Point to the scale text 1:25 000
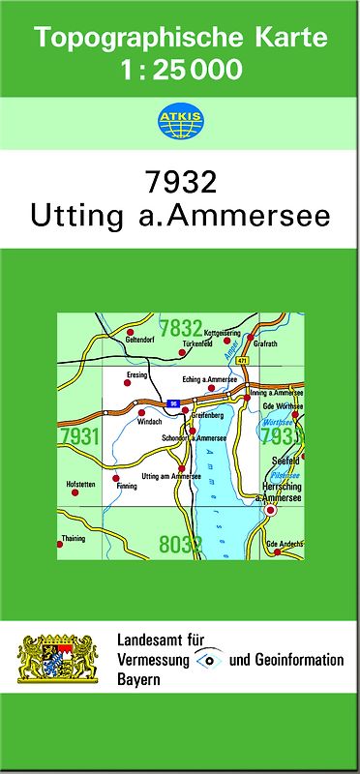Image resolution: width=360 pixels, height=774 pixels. coord(181,70)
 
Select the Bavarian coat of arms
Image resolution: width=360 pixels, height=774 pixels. coord(58,660)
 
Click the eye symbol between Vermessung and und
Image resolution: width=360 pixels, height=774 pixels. coord(208,659)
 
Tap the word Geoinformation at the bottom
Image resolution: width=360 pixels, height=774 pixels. coord(297,660)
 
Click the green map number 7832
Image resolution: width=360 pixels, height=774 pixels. coord(181,327)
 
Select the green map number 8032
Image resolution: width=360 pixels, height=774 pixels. coord(181,544)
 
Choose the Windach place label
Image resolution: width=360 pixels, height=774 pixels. coord(149,422)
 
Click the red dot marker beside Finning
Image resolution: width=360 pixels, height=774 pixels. coord(115,479)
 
